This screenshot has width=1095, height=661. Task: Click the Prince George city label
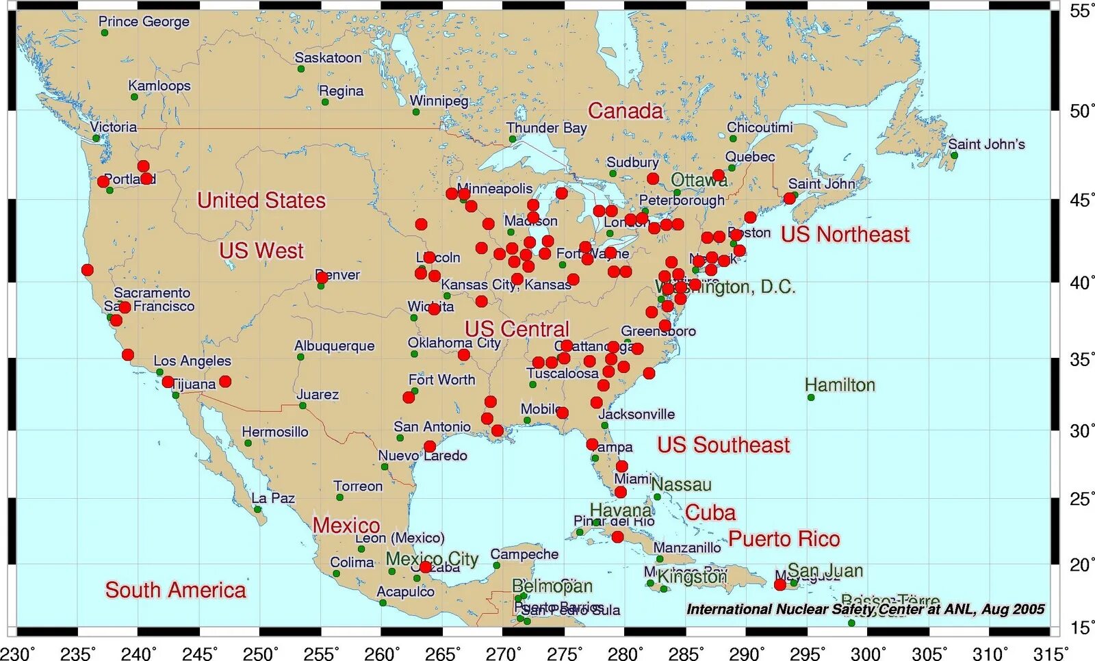pos(144,22)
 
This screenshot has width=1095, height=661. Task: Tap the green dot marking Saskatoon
pos(300,69)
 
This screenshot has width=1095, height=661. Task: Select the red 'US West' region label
pos(261,250)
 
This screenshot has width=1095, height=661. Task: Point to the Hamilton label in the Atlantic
pos(840,385)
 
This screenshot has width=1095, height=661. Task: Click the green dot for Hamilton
pos(811,398)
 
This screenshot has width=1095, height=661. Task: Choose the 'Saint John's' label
pos(986,144)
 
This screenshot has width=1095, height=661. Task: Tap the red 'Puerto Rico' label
pos(784,539)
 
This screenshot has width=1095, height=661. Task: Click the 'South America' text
pos(175,590)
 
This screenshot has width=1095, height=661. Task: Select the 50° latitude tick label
pos(1082,111)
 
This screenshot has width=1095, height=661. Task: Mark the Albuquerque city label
pos(335,346)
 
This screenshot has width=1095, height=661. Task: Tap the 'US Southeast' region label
pos(723,445)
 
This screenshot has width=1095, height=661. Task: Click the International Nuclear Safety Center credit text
pos(865,609)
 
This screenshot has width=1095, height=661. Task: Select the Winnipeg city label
pos(439,101)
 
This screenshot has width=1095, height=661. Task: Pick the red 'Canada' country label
pos(626,111)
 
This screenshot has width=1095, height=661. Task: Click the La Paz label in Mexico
pos(273,498)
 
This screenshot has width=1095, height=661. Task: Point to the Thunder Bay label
pos(546,128)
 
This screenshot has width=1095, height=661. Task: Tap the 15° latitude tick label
pos(1081,627)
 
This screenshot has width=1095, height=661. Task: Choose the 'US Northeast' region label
pos(845,235)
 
